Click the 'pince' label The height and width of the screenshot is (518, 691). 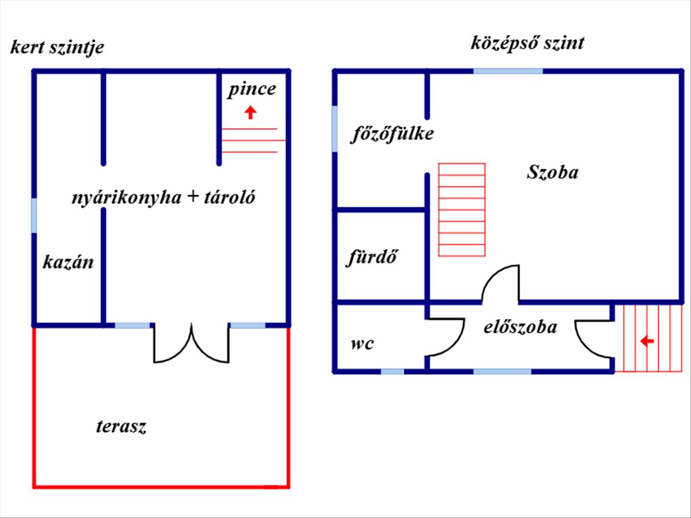252,90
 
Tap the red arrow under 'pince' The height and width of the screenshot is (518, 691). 250,112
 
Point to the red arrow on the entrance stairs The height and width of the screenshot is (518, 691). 647,342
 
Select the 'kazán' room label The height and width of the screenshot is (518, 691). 68,262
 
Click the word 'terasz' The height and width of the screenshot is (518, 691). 121,426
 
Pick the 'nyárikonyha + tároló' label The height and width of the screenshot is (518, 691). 164,198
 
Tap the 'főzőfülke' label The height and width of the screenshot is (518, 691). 393,134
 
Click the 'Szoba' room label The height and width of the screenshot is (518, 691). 552,172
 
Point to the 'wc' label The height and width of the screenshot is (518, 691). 362,344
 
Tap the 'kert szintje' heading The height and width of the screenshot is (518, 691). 57,47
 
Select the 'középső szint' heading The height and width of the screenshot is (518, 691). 527,43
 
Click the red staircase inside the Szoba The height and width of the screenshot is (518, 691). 462,210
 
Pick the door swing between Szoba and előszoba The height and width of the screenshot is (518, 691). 501,284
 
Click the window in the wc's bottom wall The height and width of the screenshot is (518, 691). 392,372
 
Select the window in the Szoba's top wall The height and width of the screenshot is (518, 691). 508,71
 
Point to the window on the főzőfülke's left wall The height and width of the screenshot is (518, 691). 335,129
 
